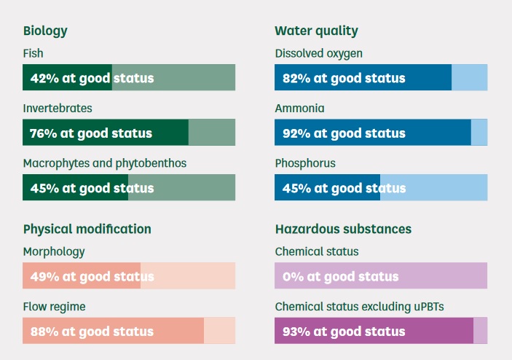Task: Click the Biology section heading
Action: [45, 31]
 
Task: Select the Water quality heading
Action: [316, 31]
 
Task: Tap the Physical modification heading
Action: [87, 230]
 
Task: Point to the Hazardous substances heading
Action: [343, 229]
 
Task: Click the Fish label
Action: [33, 53]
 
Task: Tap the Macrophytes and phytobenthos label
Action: [105, 163]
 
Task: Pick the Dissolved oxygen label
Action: [319, 54]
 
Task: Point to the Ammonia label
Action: [300, 108]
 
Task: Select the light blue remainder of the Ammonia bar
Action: [479, 133]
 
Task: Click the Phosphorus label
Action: [305, 163]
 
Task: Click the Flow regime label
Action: [54, 307]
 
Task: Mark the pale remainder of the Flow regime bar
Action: [219, 330]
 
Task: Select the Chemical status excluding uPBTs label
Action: [360, 306]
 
